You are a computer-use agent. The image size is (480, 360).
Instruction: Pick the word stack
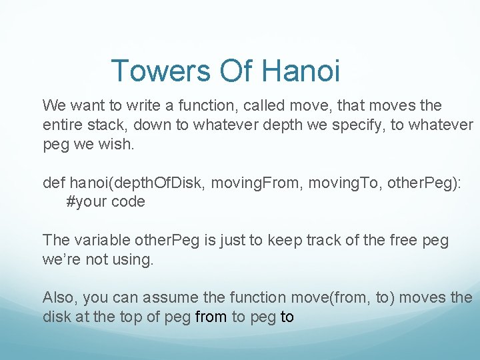[x=105, y=125]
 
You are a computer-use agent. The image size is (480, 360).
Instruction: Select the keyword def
[x=54, y=183]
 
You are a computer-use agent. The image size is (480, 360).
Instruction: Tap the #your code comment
[x=105, y=202]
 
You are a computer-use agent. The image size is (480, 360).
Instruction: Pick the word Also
[x=59, y=297]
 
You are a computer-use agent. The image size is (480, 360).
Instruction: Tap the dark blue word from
[x=211, y=317]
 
